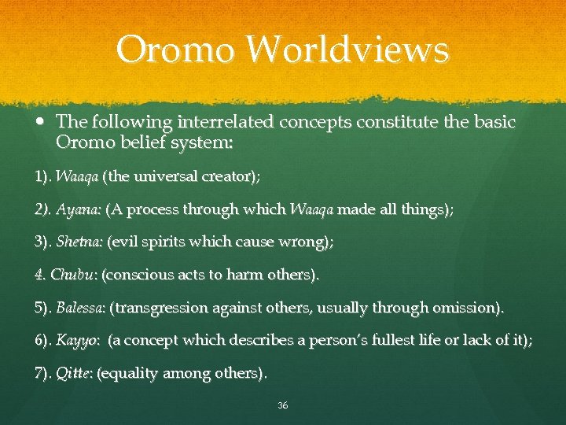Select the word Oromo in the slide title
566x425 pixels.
tap(175, 50)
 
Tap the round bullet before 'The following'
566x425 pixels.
tap(41, 123)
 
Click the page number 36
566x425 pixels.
tap(283, 405)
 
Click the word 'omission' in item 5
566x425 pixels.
tap(470, 308)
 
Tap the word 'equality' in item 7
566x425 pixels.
tap(130, 372)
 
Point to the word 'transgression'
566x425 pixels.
tap(163, 308)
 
